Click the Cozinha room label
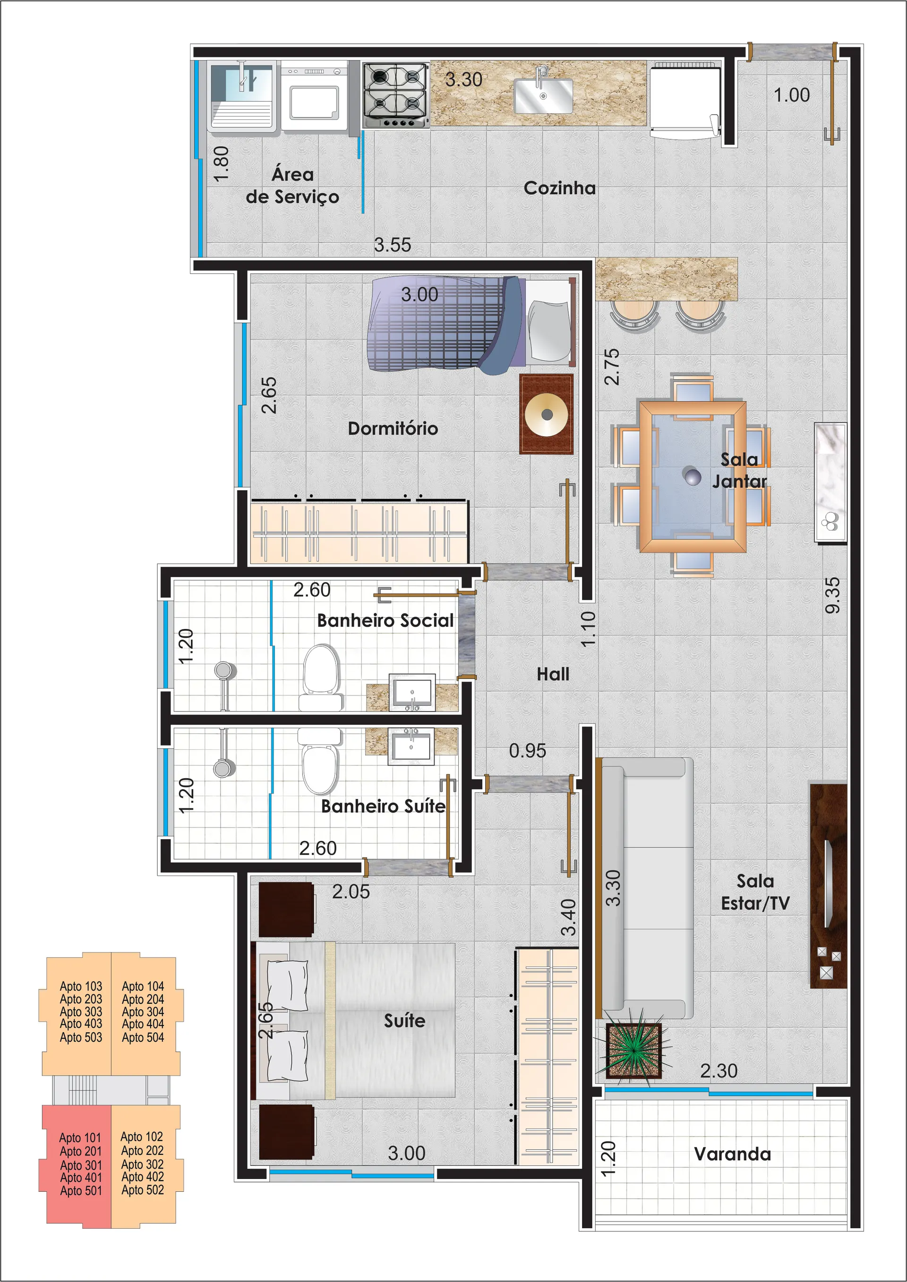click(x=560, y=188)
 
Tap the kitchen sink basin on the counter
click(x=543, y=95)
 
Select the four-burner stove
click(x=395, y=95)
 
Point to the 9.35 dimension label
click(x=832, y=595)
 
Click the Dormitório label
click(x=393, y=428)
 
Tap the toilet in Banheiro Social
click(x=321, y=677)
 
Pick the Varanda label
click(x=732, y=1154)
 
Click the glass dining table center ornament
click(x=693, y=476)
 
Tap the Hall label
click(x=553, y=674)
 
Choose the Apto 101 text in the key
click(x=80, y=1138)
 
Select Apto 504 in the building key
click(x=143, y=1037)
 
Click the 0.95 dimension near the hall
click(x=527, y=751)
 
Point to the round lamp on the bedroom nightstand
click(x=546, y=414)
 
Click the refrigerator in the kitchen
click(x=685, y=101)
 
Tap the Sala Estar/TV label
click(x=755, y=891)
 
